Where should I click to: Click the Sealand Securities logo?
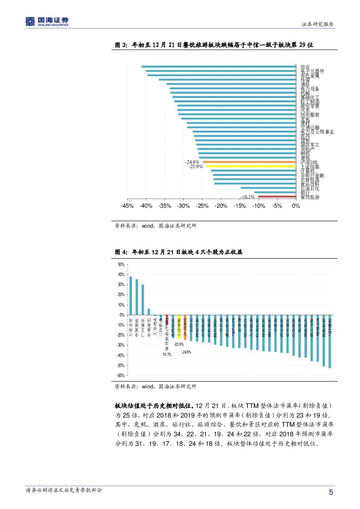[47, 20]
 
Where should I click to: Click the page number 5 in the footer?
[331, 492]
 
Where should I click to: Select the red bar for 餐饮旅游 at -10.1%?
[277, 197]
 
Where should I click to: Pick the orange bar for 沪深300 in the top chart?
[249, 162]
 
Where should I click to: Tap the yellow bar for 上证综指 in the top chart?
[251, 166]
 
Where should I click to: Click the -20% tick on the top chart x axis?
[221, 206]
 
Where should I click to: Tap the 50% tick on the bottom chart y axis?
[121, 264]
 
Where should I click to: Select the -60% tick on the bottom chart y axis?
[121, 375]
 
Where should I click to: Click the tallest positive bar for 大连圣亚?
[131, 296]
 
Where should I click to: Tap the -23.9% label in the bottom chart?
[178, 344]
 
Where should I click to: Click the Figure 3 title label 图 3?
[120, 45]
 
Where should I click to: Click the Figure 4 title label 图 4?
[120, 252]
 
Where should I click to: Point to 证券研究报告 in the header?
[318, 24]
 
